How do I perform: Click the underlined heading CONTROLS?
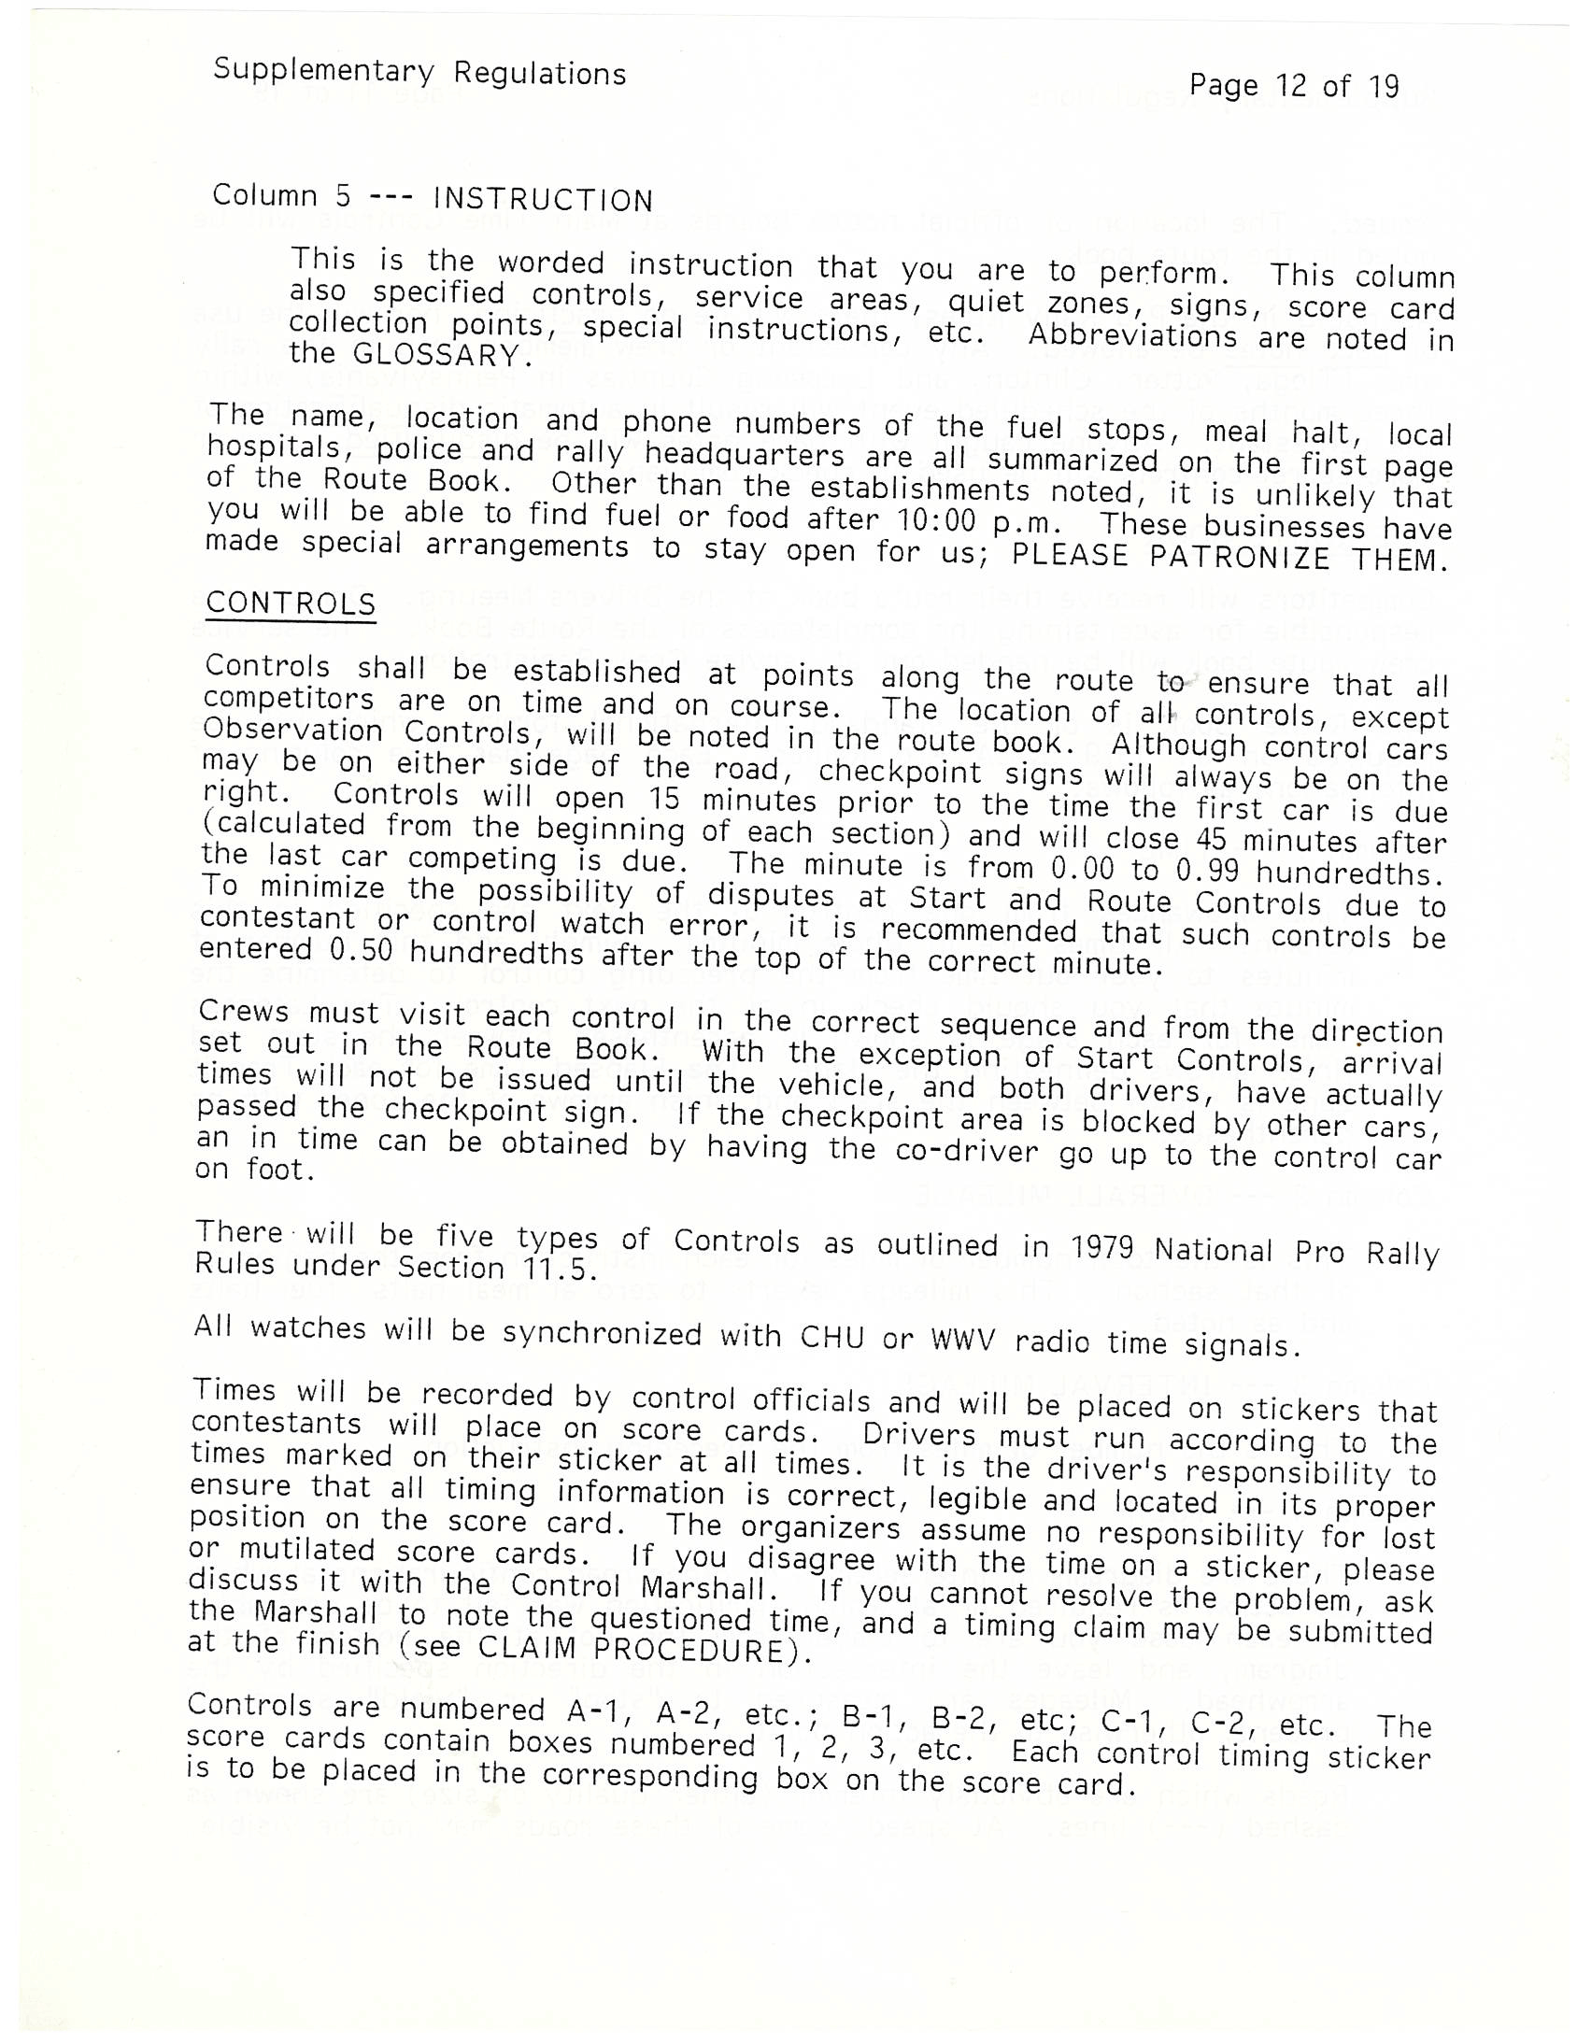tap(291, 603)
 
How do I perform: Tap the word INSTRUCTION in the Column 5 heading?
tap(543, 200)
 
